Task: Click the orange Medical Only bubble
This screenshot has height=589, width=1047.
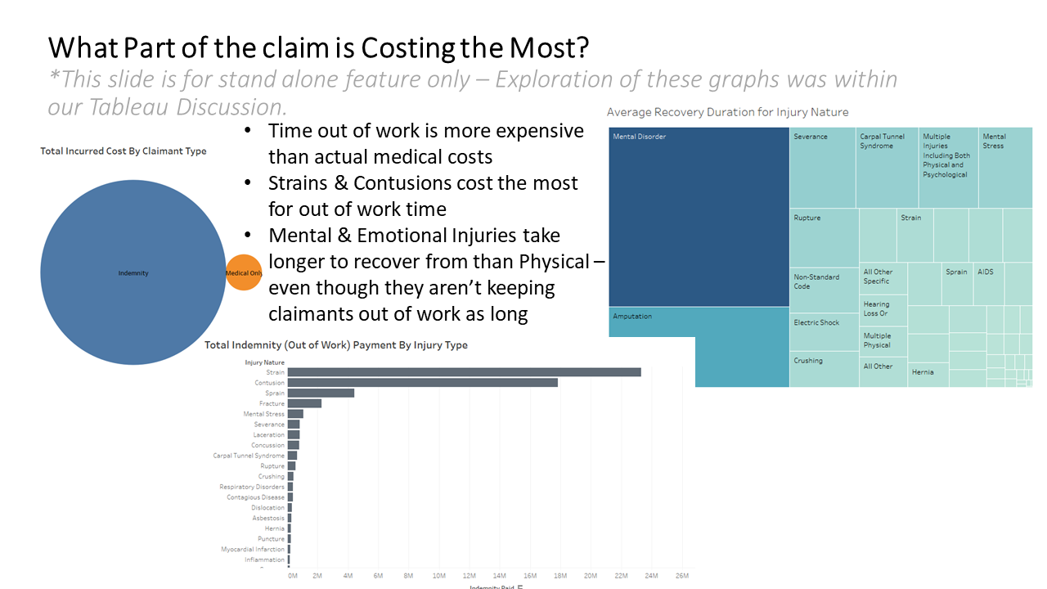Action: click(243, 273)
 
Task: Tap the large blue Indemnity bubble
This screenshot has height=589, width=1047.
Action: click(133, 272)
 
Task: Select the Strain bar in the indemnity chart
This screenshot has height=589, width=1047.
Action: click(464, 372)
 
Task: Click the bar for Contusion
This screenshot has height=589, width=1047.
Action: click(422, 383)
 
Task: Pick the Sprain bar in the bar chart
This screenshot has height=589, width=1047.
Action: click(321, 393)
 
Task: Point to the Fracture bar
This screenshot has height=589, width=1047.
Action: click(304, 403)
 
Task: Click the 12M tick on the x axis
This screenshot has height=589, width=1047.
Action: click(469, 576)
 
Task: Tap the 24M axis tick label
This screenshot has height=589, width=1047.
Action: click(651, 576)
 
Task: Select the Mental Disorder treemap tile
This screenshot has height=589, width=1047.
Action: click(699, 217)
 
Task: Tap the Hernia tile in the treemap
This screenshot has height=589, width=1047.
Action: click(928, 373)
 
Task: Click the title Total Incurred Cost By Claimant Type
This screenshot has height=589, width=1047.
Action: click(124, 151)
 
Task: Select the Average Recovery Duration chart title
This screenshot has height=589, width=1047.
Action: click(727, 112)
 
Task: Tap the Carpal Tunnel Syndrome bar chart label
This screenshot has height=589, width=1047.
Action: click(249, 456)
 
